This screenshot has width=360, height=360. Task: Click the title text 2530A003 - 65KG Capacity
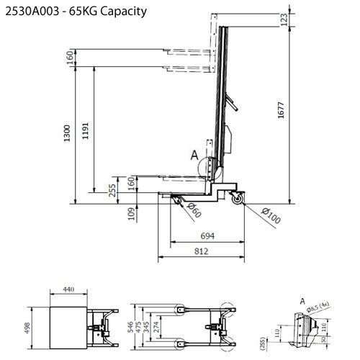point(76,12)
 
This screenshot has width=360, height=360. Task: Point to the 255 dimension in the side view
point(112,191)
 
